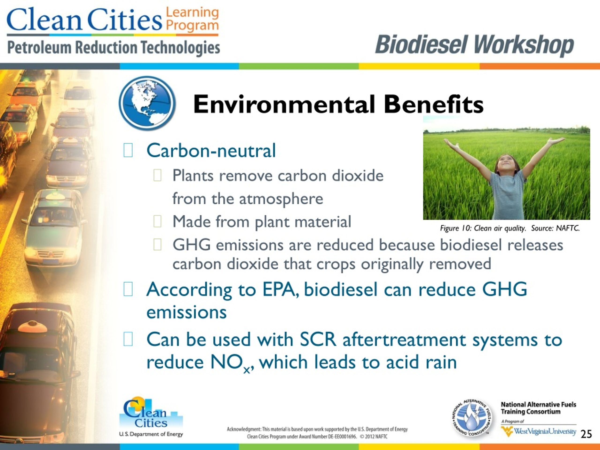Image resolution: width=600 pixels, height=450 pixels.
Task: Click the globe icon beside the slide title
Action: [x=147, y=103]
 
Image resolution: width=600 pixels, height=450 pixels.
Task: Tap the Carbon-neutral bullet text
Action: [x=211, y=150]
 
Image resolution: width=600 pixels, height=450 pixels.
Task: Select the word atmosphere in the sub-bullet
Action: [x=281, y=199]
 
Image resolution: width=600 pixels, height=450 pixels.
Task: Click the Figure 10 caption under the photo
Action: [x=510, y=228]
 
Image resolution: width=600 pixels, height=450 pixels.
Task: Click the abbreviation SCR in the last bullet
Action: [x=318, y=339]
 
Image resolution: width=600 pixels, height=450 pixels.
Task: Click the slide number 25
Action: [x=586, y=434]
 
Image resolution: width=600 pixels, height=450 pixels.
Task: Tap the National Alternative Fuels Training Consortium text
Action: [x=538, y=408]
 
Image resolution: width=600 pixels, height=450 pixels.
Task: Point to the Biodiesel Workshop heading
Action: [x=474, y=45]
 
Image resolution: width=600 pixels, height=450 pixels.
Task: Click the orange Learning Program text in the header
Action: [x=192, y=19]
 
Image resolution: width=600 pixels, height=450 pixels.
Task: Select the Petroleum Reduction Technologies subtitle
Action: [x=113, y=48]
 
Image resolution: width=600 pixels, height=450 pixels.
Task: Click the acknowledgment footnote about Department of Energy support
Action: [x=317, y=433]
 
